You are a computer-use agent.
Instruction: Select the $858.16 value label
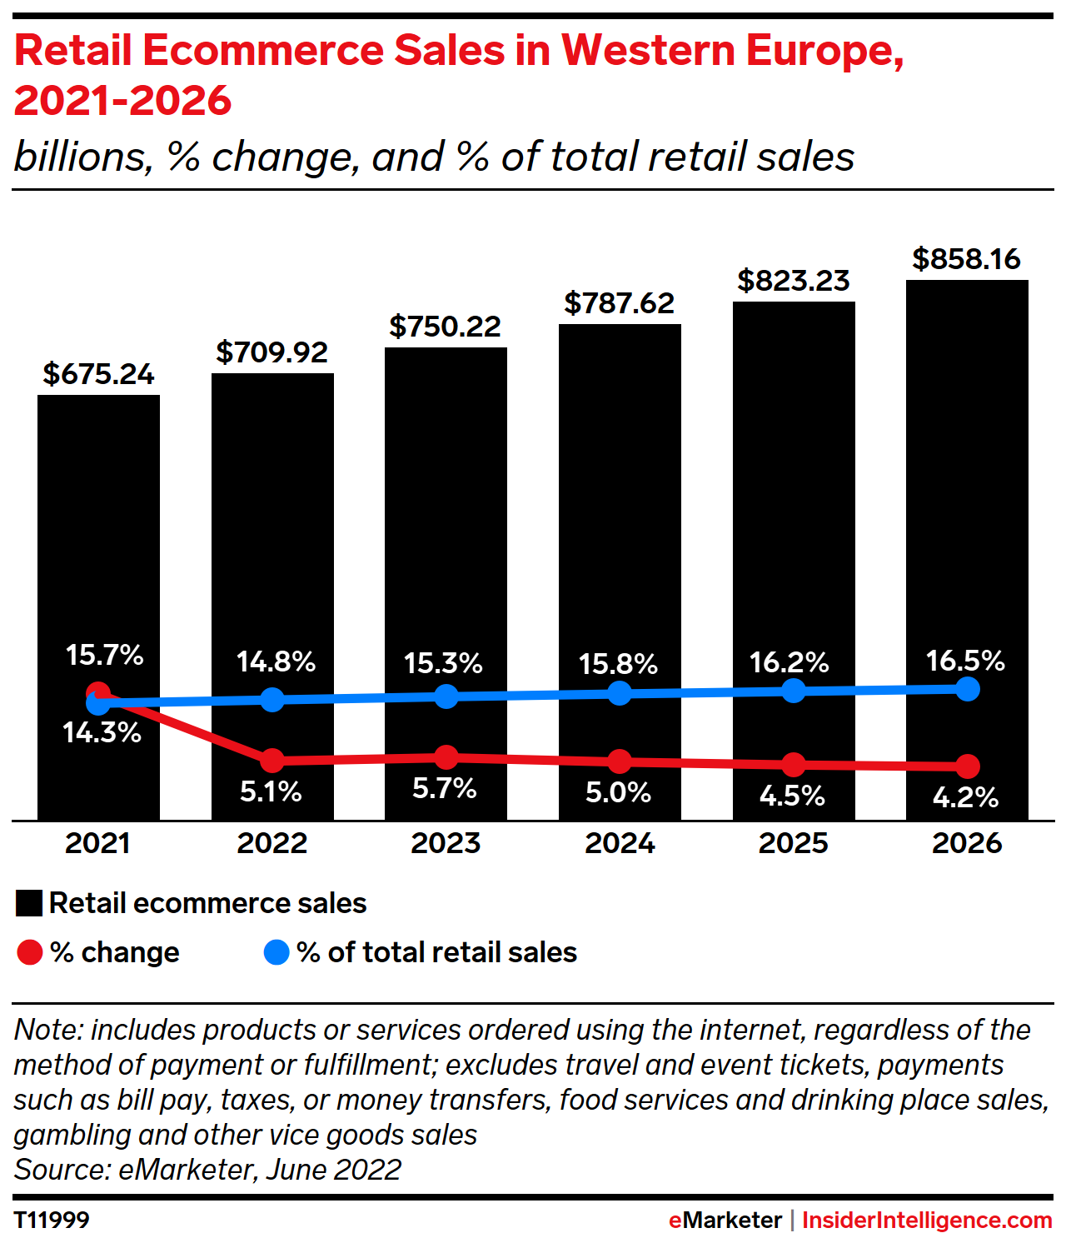[x=966, y=259]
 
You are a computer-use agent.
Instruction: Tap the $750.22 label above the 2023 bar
[x=446, y=327]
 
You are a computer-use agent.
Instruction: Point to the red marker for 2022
[x=272, y=760]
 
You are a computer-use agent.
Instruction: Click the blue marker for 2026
[x=967, y=689]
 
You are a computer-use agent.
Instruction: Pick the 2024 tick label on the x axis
[x=620, y=843]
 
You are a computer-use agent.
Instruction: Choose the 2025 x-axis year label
[x=793, y=843]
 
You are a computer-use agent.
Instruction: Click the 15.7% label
[x=105, y=655]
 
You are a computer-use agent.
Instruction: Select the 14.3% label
[x=102, y=733]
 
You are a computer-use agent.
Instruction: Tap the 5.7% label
[x=445, y=788]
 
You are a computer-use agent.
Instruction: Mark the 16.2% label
[x=789, y=663]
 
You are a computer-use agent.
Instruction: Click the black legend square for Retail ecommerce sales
[x=29, y=904]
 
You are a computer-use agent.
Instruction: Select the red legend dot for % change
[x=30, y=952]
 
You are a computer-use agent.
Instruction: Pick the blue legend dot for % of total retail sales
[x=276, y=952]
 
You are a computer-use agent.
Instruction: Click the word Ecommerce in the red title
[x=264, y=51]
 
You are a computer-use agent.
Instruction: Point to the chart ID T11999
[x=52, y=1220]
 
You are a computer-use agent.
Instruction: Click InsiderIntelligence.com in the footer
[x=927, y=1220]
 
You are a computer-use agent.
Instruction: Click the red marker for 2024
[x=620, y=761]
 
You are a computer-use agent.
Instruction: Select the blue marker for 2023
[x=446, y=696]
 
